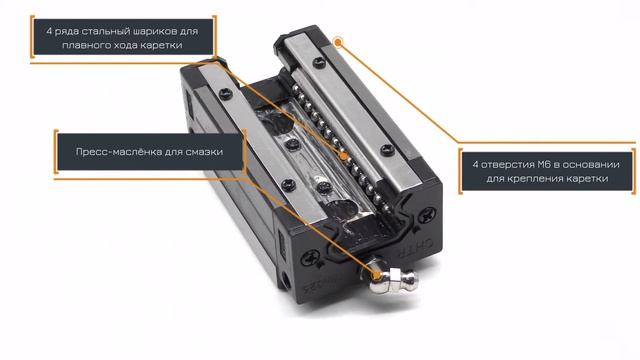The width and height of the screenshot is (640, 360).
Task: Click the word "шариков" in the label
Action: click(156, 31)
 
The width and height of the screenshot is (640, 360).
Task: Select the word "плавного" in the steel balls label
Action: click(81, 45)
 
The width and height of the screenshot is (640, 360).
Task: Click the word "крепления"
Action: click(525, 179)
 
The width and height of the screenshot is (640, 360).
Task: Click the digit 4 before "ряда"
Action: click(49, 31)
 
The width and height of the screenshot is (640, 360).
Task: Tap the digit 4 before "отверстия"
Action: click(475, 164)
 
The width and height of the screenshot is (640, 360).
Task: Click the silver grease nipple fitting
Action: click(392, 280)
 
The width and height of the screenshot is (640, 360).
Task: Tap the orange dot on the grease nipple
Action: click(377, 276)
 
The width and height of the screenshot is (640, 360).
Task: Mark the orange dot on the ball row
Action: click(344, 156)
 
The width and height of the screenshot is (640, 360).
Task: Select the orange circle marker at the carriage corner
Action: click(338, 42)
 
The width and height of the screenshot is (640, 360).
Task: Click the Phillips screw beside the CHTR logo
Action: click(427, 215)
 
